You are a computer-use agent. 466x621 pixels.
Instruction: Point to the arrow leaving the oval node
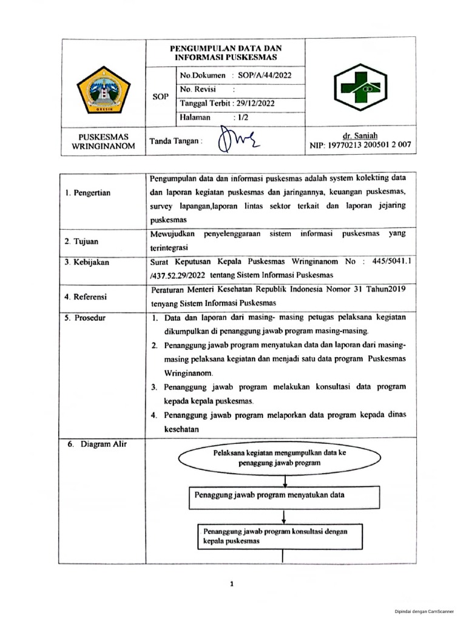pos(284,478)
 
